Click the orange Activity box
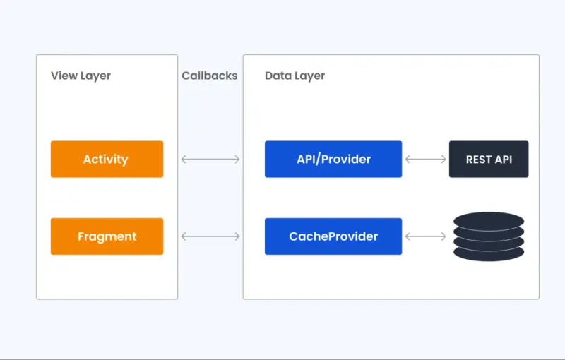(x=107, y=159)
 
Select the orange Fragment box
(x=107, y=236)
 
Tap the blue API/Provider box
(x=333, y=159)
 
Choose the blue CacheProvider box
(x=333, y=236)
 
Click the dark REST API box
(x=489, y=159)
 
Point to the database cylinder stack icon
(x=489, y=236)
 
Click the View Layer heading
(x=81, y=76)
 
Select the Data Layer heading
(x=295, y=76)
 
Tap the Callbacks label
(x=210, y=76)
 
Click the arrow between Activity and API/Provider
(x=210, y=160)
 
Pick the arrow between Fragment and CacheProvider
(x=210, y=236)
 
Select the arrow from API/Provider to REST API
(x=425, y=160)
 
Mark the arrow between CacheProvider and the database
(x=425, y=236)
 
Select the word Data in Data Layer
(x=278, y=76)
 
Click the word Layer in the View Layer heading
(x=95, y=76)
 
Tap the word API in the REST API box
(x=503, y=160)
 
